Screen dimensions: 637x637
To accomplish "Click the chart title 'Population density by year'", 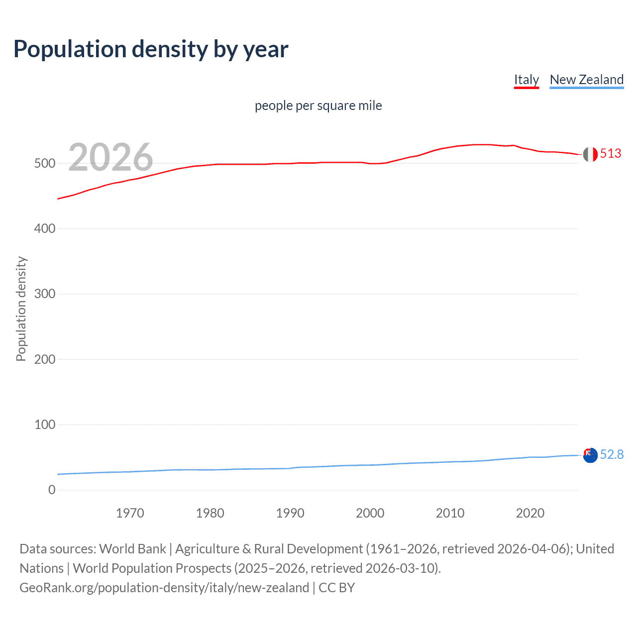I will (x=151, y=49).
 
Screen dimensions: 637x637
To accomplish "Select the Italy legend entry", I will (x=526, y=80).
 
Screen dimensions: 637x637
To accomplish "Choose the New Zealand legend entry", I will (x=586, y=80).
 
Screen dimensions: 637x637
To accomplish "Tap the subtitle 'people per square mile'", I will (x=318, y=106).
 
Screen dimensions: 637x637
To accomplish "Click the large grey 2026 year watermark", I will (x=110, y=157).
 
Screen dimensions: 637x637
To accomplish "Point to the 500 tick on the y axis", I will (x=44, y=163).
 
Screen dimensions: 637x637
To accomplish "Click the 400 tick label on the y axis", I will (x=44, y=229).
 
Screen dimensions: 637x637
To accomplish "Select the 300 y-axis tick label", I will (x=44, y=294).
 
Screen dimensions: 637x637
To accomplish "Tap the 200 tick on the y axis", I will (x=44, y=359).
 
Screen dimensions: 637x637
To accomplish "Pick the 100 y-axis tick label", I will (x=44, y=425).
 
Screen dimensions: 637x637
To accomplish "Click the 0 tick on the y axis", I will (x=52, y=490).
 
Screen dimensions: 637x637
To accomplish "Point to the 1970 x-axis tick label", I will (x=130, y=513).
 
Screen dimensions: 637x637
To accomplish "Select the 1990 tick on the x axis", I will (x=290, y=513).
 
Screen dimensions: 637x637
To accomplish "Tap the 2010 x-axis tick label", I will (x=450, y=513).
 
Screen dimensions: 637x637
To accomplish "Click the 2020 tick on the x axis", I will (x=530, y=513).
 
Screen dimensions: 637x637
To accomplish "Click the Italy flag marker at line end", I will (x=590, y=154).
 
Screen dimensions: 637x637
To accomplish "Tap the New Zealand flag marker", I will (x=590, y=455).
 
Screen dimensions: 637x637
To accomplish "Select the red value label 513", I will (x=611, y=153).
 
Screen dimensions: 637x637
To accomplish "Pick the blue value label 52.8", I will (x=612, y=454).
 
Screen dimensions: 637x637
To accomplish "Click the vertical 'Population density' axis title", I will (x=21, y=309).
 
